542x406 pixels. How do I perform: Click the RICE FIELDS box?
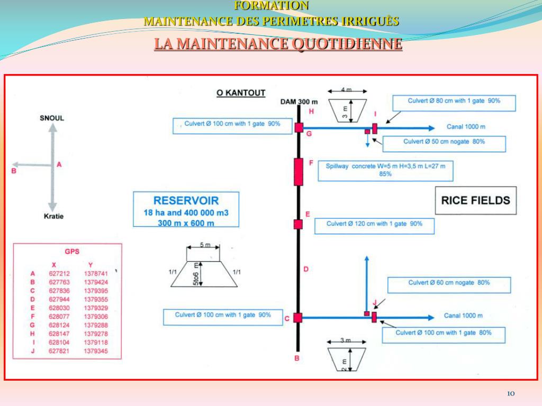475,200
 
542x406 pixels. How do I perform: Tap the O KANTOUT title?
241,93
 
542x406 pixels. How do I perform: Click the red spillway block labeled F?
299,171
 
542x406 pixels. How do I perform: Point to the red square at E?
298,224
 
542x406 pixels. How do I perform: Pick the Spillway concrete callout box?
385,170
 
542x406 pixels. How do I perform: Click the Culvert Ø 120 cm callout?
374,224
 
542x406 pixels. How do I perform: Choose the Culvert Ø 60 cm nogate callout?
449,283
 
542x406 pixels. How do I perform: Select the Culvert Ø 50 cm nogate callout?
444,142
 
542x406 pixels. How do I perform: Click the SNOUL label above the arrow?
52,117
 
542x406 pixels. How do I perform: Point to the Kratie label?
53,216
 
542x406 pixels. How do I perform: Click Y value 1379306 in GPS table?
96,317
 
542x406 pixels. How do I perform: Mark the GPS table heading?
71,252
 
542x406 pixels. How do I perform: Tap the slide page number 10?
511,393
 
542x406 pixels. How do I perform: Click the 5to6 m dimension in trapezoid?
196,274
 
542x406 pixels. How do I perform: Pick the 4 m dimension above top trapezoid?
346,90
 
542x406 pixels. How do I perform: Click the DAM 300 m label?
299,102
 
